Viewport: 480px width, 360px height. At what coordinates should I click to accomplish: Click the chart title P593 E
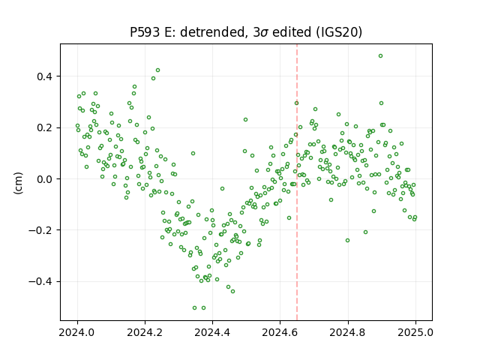point(246,32)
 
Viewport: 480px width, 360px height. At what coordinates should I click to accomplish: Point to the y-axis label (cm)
point(18,183)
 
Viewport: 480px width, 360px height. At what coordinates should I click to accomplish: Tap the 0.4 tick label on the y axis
point(44,76)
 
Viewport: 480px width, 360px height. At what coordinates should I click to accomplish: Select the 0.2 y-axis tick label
point(44,127)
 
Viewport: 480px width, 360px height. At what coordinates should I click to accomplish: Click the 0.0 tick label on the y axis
point(44,179)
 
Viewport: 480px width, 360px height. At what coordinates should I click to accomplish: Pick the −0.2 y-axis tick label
point(40,230)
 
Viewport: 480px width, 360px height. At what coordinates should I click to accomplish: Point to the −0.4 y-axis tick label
point(40,282)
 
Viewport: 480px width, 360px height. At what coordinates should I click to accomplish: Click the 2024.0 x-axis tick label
point(77,332)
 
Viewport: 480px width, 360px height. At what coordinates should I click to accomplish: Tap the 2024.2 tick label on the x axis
point(145,332)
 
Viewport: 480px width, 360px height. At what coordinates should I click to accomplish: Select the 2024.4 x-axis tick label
point(212,332)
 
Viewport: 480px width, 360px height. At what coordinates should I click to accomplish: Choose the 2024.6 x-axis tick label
point(280,332)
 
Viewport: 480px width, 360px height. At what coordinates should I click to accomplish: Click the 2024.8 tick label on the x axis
point(348,332)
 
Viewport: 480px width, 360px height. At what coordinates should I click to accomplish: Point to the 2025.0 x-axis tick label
point(415,332)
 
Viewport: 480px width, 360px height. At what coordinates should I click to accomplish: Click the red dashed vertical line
point(297,182)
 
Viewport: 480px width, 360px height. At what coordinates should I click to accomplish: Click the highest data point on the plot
point(380,56)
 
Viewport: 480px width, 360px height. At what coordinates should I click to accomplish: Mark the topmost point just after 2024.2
point(157,70)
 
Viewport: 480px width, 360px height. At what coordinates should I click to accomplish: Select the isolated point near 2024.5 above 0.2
point(245,120)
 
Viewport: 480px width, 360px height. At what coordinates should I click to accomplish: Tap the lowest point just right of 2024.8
point(347,241)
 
